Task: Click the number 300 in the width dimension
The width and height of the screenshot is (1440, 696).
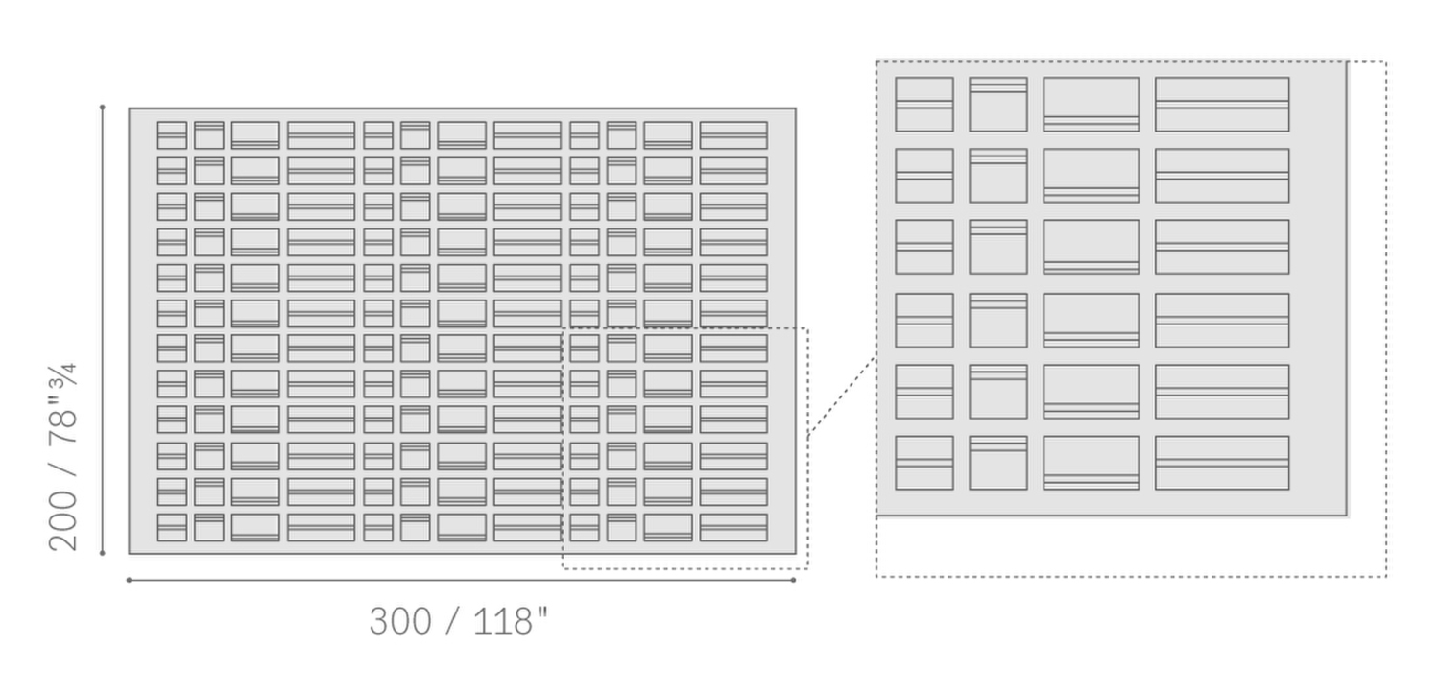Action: [x=400, y=621]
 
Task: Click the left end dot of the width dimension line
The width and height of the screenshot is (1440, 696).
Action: [x=129, y=580]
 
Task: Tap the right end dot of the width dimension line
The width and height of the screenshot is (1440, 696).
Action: [x=794, y=580]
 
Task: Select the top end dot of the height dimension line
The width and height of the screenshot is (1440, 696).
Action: [x=103, y=108]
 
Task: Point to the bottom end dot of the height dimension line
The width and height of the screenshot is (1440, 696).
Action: [x=103, y=553]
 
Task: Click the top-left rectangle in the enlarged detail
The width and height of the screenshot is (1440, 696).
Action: [x=924, y=104]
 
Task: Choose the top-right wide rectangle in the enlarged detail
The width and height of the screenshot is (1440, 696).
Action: [x=1221, y=104]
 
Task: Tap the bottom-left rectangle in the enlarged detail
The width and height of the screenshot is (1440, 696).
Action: [x=924, y=463]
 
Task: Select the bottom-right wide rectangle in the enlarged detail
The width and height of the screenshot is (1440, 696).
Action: [x=1221, y=463]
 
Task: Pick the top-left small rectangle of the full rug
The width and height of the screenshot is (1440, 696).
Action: [x=172, y=135]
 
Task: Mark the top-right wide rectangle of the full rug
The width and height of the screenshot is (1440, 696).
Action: [x=733, y=135]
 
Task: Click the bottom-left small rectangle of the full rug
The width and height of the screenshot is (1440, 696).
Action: [x=172, y=527]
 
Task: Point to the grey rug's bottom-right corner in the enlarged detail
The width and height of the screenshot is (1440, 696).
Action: [x=1346, y=515]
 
